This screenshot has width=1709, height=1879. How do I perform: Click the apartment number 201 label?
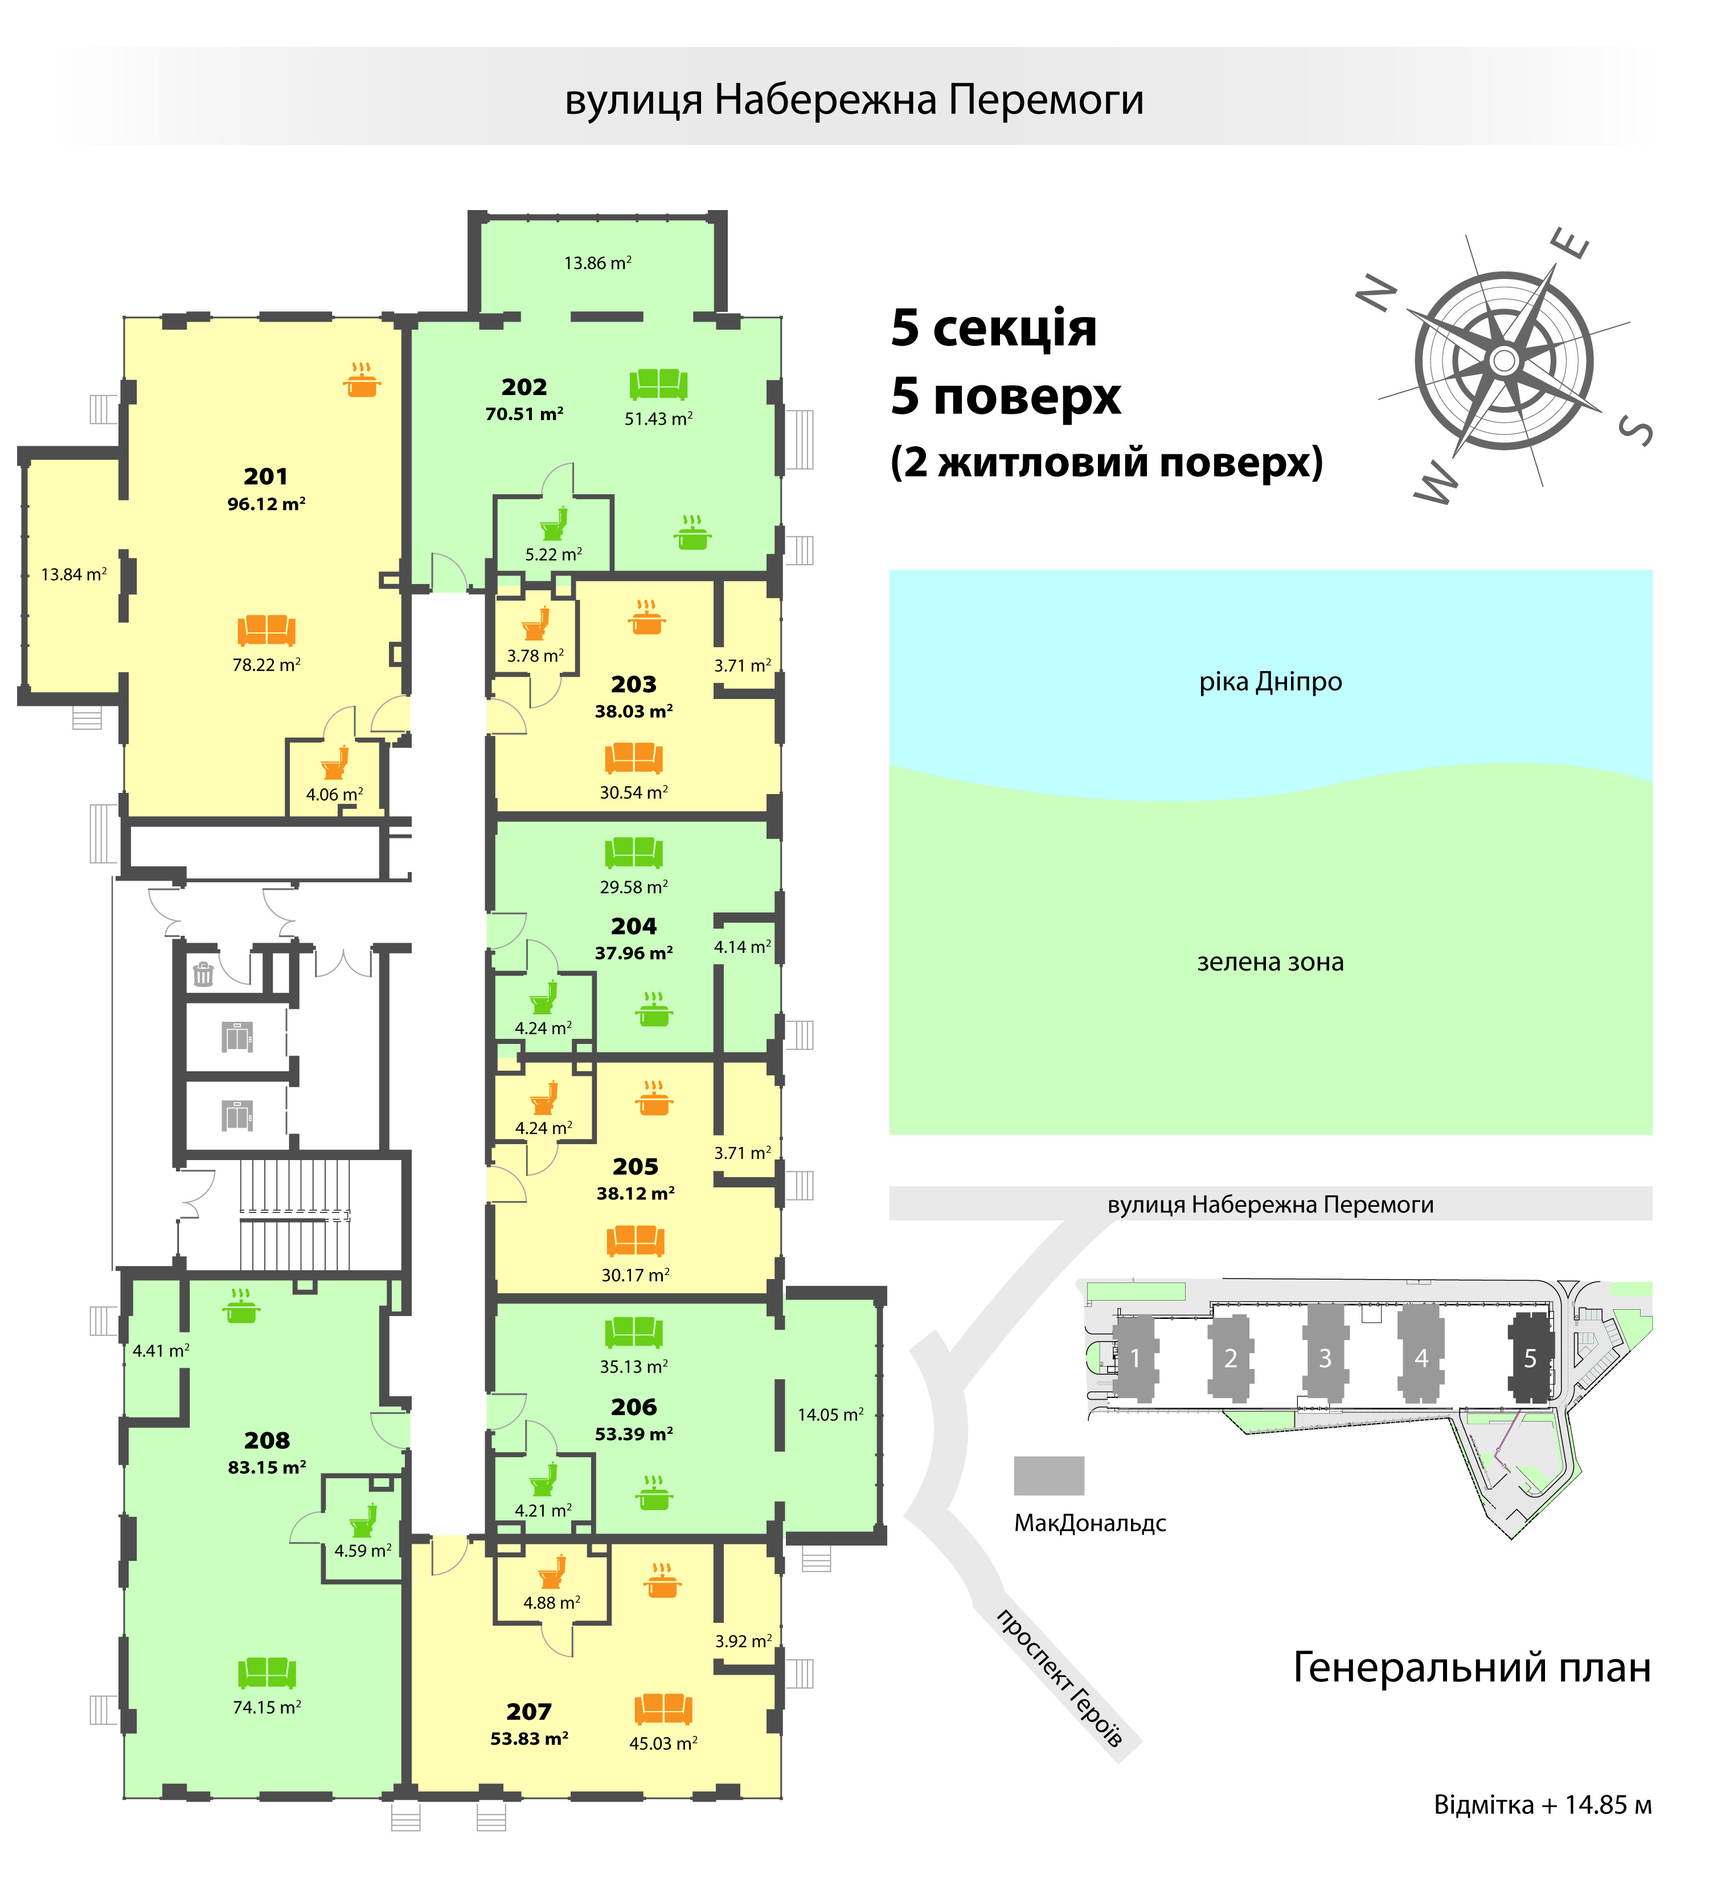pyautogui.click(x=266, y=476)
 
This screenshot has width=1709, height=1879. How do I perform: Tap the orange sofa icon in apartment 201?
pyautogui.click(x=266, y=630)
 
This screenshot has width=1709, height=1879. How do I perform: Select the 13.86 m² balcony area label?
pyautogui.click(x=597, y=263)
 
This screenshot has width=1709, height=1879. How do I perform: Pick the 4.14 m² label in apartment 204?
pyautogui.click(x=742, y=947)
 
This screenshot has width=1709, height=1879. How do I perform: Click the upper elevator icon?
pyautogui.click(x=237, y=1037)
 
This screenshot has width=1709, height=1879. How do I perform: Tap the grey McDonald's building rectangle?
pyautogui.click(x=1049, y=1475)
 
